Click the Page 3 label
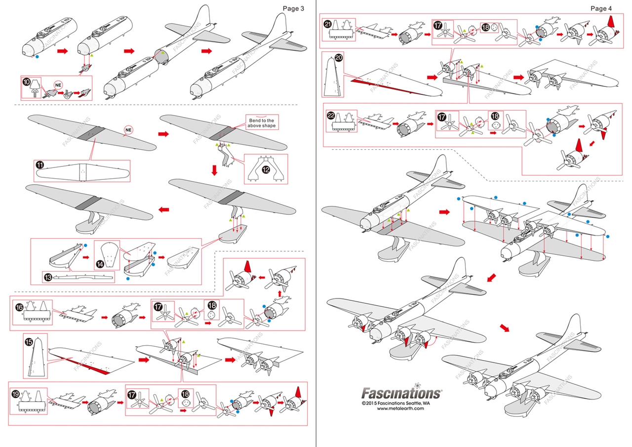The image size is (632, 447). coord(293,8)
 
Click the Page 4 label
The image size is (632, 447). coord(601,8)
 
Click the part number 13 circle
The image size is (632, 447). coord(48,278)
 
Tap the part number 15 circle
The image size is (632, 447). coord(29,341)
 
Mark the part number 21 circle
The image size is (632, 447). coord(328,24)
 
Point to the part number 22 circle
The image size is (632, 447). coord(331,115)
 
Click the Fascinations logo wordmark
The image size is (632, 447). coord(401,393)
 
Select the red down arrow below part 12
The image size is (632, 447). coord(214,170)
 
